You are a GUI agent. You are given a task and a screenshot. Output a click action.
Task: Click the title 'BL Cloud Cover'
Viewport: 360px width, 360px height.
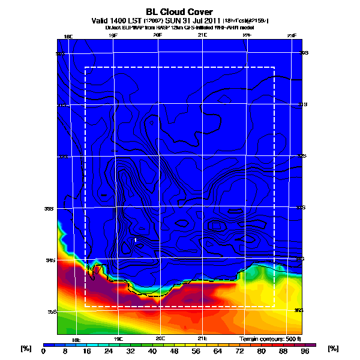click(179, 11)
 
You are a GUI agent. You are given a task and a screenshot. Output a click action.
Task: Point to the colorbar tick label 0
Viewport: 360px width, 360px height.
click(43, 352)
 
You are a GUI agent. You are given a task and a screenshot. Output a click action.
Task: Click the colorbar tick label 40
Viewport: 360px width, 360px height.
click(152, 352)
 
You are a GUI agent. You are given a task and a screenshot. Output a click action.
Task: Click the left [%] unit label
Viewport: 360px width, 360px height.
click(26, 349)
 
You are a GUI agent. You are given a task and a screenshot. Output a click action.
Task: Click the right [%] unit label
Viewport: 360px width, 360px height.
click(334, 349)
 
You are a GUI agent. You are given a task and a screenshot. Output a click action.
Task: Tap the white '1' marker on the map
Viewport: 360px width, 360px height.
click(136, 240)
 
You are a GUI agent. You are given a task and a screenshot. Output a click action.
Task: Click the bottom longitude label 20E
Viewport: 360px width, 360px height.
click(160, 338)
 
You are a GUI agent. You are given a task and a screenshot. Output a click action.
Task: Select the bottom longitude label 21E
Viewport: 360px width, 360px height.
click(202, 338)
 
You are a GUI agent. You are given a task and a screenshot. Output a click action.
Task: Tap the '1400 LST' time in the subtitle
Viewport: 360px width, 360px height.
click(127, 20)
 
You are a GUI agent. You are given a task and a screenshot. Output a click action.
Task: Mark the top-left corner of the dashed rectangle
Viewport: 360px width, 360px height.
click(85, 67)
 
